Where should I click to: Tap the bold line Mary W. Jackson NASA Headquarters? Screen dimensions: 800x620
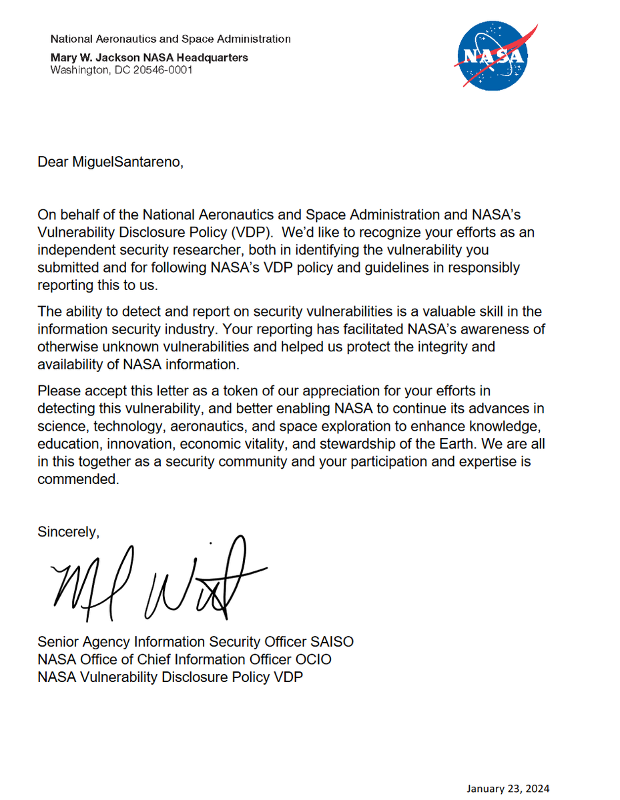pyautogui.click(x=149, y=57)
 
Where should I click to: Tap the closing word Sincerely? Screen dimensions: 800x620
pyautogui.click(x=68, y=532)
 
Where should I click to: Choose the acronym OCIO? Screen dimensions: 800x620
pyautogui.click(x=313, y=659)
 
